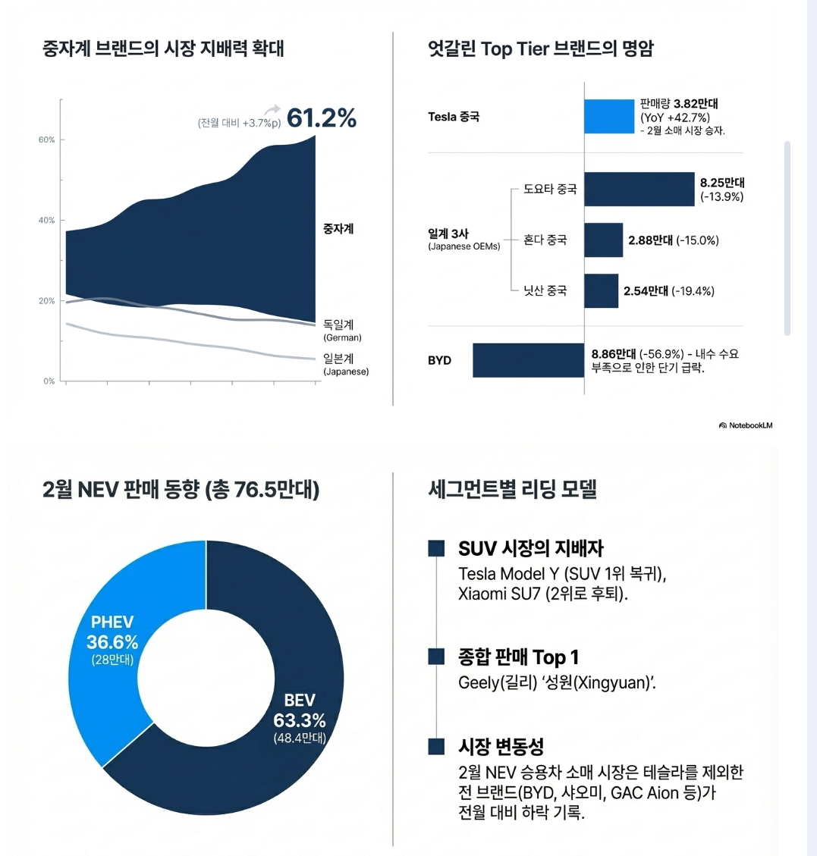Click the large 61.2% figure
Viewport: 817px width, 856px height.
pyautogui.click(x=321, y=118)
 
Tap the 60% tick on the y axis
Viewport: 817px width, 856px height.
pyautogui.click(x=47, y=140)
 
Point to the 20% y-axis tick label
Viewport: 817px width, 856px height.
pyautogui.click(x=47, y=301)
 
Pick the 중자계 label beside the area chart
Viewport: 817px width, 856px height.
pyautogui.click(x=338, y=228)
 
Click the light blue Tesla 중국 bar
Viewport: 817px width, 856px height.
pyautogui.click(x=608, y=117)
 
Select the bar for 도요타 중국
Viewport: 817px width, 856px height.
pyautogui.click(x=639, y=190)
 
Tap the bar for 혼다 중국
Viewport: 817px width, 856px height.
pyautogui.click(x=603, y=240)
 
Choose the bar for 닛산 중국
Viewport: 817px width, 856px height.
pyautogui.click(x=601, y=291)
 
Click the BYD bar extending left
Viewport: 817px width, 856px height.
pyautogui.click(x=528, y=360)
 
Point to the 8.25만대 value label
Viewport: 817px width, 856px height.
pyautogui.click(x=722, y=183)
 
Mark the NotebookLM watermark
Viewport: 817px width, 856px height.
pyautogui.click(x=746, y=425)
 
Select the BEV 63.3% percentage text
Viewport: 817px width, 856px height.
pyautogui.click(x=299, y=720)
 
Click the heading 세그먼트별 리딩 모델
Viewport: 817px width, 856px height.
pyautogui.click(x=513, y=489)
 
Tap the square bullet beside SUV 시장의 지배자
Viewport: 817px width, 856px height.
pyautogui.click(x=436, y=548)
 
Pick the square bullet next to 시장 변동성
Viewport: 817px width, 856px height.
pyautogui.click(x=436, y=746)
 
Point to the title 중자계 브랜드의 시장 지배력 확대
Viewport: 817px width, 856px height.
pyautogui.click(x=163, y=49)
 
